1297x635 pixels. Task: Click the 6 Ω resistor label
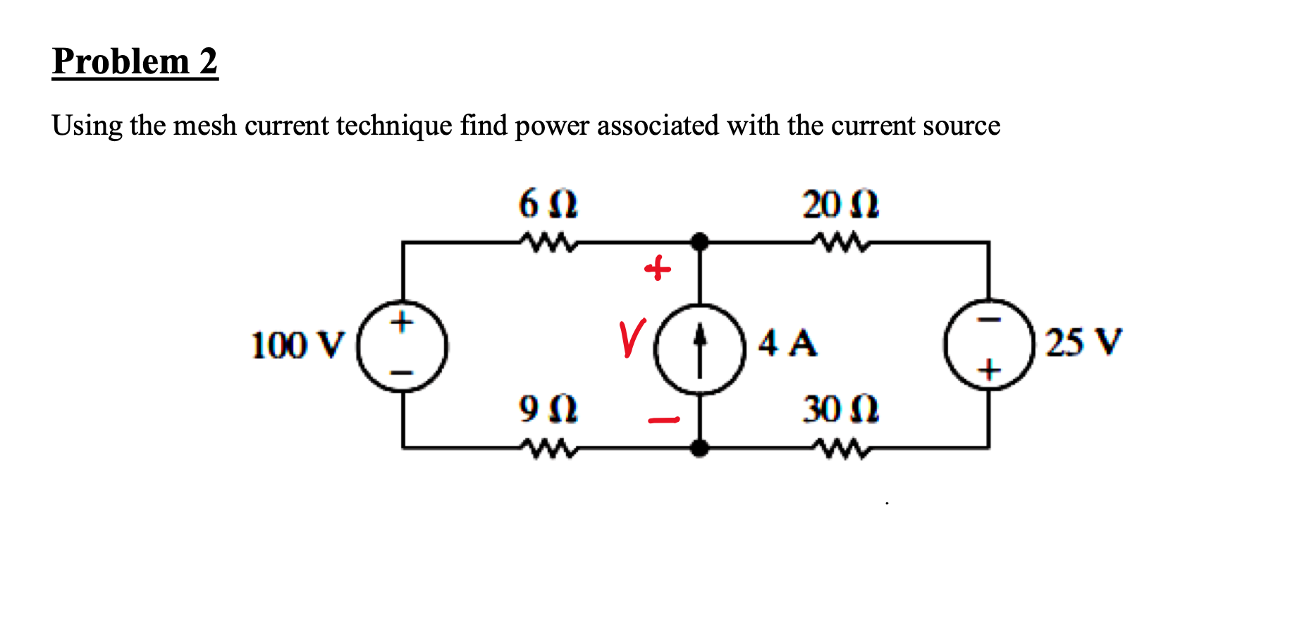548,205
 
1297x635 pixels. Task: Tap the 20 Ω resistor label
840,205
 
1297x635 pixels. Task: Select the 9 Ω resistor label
548,409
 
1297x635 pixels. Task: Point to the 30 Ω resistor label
840,409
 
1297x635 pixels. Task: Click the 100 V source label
298,346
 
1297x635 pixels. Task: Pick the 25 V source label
1083,343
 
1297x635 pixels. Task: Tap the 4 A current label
787,344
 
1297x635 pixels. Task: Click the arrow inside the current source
699,349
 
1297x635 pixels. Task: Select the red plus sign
658,269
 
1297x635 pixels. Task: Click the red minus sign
663,421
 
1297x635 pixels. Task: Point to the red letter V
632,339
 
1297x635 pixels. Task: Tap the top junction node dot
699,242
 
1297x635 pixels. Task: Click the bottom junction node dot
699,447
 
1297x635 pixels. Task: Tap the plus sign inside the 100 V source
402,323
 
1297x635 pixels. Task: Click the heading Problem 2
135,61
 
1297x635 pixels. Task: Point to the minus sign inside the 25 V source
990,320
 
